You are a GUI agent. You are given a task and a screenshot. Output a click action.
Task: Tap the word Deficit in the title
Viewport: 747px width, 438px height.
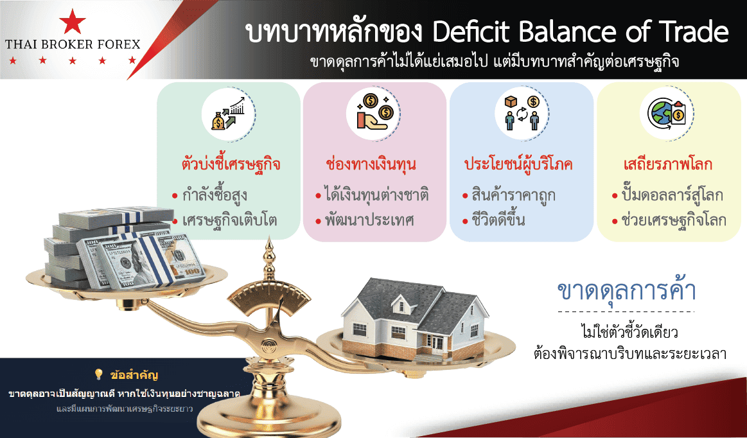(471, 32)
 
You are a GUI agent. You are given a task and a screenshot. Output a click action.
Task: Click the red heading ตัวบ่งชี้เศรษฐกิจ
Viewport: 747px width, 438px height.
(231, 164)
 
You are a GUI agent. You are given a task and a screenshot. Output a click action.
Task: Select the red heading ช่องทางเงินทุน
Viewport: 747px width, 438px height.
(371, 164)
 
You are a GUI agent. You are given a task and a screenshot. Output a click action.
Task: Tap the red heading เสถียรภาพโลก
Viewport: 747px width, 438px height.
(668, 164)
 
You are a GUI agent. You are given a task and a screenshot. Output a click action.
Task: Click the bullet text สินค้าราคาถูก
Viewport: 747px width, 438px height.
(513, 195)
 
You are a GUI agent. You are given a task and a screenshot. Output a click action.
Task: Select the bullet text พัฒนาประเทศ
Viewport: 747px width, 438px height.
(369, 220)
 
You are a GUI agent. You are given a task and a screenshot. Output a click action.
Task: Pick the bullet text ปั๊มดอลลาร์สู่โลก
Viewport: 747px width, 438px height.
(672, 195)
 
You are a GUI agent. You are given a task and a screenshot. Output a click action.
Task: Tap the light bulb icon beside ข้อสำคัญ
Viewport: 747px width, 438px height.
(99, 374)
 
